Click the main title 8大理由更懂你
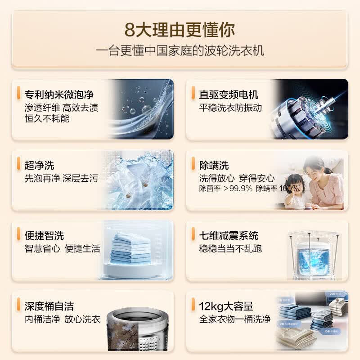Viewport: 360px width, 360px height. coord(180,30)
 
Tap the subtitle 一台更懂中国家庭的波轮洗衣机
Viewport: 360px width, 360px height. coord(180,50)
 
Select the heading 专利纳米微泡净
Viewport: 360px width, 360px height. coord(59,95)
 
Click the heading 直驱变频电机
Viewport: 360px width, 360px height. coord(229,95)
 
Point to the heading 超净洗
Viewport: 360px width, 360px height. coord(39,165)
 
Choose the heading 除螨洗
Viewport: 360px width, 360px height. coord(214,165)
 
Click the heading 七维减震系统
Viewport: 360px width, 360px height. coord(229,235)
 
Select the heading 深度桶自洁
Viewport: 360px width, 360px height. coord(49,306)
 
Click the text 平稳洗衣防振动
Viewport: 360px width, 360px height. coord(230,108)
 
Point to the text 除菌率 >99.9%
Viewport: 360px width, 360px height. coord(225,189)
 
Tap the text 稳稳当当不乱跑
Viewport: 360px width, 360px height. coord(230,248)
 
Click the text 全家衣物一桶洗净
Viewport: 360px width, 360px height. coord(235,319)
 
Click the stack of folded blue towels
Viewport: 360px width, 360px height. coord(130,248)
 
